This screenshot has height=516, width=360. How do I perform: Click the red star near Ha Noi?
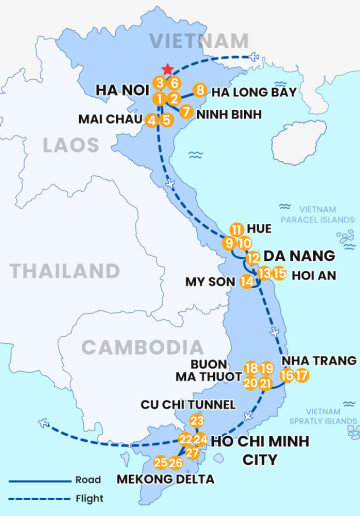click(x=167, y=69)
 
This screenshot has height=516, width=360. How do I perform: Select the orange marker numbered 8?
click(x=200, y=90)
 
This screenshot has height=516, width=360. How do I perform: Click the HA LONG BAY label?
click(x=254, y=92)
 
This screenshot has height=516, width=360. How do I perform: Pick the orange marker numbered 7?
click(x=187, y=111)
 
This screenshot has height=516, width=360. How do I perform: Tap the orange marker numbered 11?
click(x=236, y=229)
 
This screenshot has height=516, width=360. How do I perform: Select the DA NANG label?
click(x=295, y=255)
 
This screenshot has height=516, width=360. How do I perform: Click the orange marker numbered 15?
click(x=280, y=273)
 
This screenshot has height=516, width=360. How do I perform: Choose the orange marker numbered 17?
click(x=302, y=376)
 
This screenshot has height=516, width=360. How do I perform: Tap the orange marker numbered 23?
click(x=196, y=421)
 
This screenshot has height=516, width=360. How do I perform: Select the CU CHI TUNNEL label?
click(x=189, y=404)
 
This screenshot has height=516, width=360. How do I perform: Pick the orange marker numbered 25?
click(x=161, y=462)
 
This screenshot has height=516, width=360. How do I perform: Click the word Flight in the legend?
click(x=88, y=498)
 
